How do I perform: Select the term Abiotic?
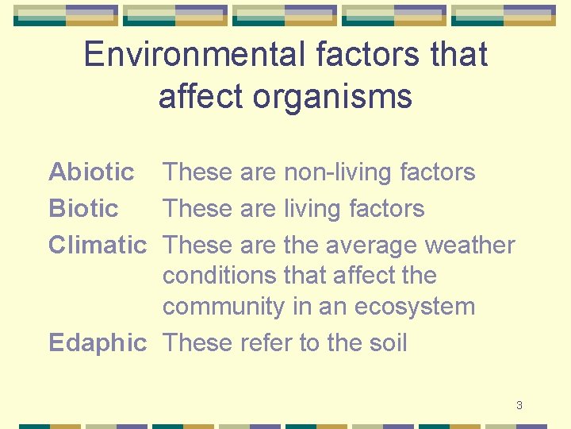click(x=91, y=172)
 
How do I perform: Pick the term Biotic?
click(x=83, y=208)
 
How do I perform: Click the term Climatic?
click(x=98, y=245)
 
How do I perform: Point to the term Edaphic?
click(x=98, y=342)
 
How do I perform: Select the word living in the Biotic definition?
click(x=311, y=208)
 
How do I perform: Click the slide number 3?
click(x=519, y=405)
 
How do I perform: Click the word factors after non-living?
click(x=438, y=172)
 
